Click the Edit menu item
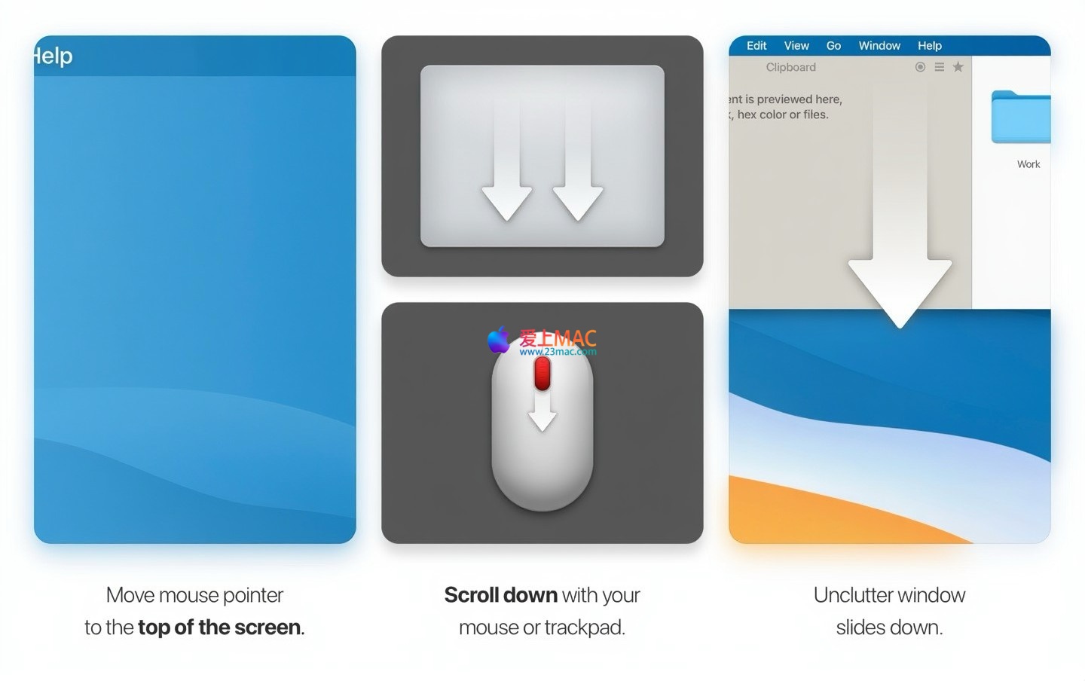click(x=756, y=45)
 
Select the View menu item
click(x=796, y=45)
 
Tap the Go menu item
click(x=833, y=45)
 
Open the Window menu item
click(x=879, y=45)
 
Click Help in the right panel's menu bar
click(x=930, y=45)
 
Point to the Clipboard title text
click(x=790, y=67)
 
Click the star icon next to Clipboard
click(x=958, y=67)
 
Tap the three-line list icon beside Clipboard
click(x=939, y=67)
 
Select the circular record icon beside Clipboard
click(x=920, y=67)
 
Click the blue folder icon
click(x=1020, y=117)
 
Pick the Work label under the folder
click(x=1028, y=164)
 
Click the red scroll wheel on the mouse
click(x=542, y=374)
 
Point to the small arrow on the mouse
click(x=542, y=412)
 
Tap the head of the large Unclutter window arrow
click(x=900, y=291)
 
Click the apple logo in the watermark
click(x=499, y=340)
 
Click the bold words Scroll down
click(x=501, y=595)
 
